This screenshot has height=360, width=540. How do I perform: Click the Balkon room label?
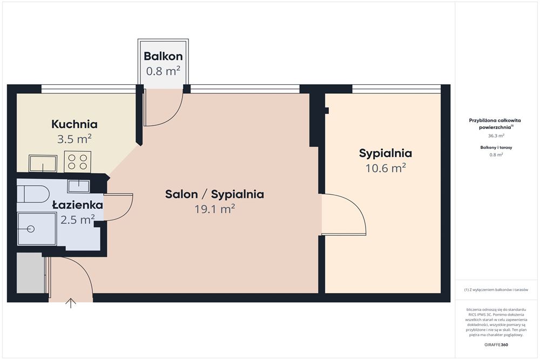point(163,56)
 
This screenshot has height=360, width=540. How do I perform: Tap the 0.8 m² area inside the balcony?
point(163,71)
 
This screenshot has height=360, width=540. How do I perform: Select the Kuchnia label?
point(75,124)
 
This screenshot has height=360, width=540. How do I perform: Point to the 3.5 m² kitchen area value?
point(75,139)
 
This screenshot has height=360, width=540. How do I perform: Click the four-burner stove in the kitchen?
point(77,162)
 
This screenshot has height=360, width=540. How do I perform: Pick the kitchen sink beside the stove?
point(43,164)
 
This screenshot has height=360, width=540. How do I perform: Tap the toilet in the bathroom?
point(33,194)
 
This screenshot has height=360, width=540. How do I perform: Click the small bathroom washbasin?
point(78,186)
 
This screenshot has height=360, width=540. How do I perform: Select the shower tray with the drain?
point(37,229)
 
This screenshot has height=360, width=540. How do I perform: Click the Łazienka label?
point(77,205)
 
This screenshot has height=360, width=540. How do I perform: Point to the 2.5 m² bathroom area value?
point(78,220)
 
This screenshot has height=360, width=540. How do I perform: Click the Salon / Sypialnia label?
point(214,194)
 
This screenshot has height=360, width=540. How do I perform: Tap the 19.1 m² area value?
point(215,209)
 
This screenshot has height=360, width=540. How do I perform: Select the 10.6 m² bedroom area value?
point(386,168)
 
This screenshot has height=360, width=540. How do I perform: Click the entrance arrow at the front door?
point(71,303)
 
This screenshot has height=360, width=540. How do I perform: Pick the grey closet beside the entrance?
point(31,273)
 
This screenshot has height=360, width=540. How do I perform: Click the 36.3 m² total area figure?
point(496,135)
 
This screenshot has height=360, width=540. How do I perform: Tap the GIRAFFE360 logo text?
point(496,344)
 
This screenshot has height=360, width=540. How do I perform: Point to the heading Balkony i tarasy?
point(496,147)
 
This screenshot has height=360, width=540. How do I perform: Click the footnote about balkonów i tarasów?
point(496,290)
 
